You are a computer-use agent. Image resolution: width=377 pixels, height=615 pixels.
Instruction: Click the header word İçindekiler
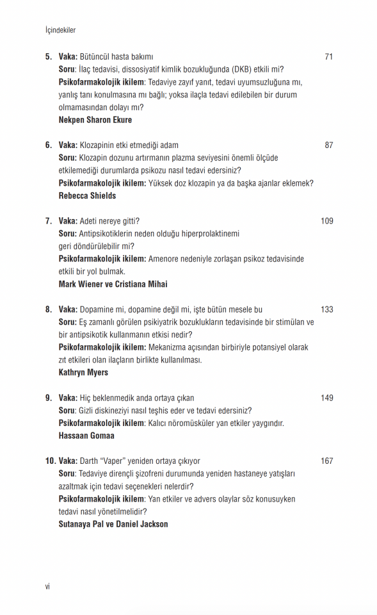click(x=61, y=30)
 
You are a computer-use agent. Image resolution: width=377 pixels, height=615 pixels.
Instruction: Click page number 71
click(x=328, y=57)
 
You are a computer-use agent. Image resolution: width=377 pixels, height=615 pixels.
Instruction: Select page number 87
click(x=328, y=145)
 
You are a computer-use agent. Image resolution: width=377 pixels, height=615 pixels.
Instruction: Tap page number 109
click(x=326, y=221)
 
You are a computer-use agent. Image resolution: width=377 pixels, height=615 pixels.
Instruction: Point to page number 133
click(x=326, y=309)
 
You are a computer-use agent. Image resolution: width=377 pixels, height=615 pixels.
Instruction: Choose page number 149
click(x=326, y=398)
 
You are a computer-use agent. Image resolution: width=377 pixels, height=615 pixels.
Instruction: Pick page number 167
click(x=326, y=461)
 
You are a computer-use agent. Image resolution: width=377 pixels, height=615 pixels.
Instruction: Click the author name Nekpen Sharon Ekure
click(x=95, y=120)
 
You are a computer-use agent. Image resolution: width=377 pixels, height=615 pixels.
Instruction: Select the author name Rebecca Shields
click(x=87, y=195)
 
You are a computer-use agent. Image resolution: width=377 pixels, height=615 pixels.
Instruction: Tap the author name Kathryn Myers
click(x=83, y=372)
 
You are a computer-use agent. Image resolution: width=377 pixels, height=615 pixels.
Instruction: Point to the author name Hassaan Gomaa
click(x=86, y=435)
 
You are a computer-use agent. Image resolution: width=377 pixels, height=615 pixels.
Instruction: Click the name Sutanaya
click(x=76, y=523)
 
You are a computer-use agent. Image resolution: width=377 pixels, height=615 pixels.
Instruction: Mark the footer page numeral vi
click(x=47, y=586)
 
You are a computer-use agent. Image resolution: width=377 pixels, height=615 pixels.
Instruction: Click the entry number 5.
click(x=49, y=57)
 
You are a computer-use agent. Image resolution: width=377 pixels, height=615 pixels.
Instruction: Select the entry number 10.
click(x=50, y=461)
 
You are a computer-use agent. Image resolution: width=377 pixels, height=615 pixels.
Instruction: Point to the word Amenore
click(x=165, y=259)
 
